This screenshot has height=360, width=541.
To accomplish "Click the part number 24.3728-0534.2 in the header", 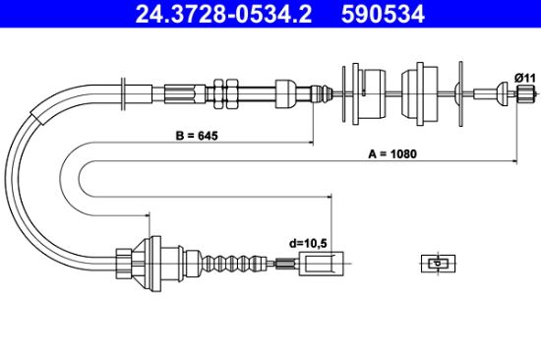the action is [223, 14].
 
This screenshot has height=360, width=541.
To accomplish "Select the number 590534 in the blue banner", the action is [383, 14].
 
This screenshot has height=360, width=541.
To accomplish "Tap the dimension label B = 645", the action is [197, 136].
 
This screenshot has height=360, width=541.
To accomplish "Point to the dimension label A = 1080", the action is [392, 153].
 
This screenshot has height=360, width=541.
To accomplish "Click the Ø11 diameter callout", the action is [525, 78].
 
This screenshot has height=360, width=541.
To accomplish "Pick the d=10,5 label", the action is [308, 243].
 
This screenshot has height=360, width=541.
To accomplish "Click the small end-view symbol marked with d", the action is [438, 264].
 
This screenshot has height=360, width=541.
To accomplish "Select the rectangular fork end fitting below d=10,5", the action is [321, 264].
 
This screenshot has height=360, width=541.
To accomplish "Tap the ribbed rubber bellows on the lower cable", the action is [236, 264].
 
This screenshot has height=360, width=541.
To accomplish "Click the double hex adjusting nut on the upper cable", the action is [225, 93].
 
